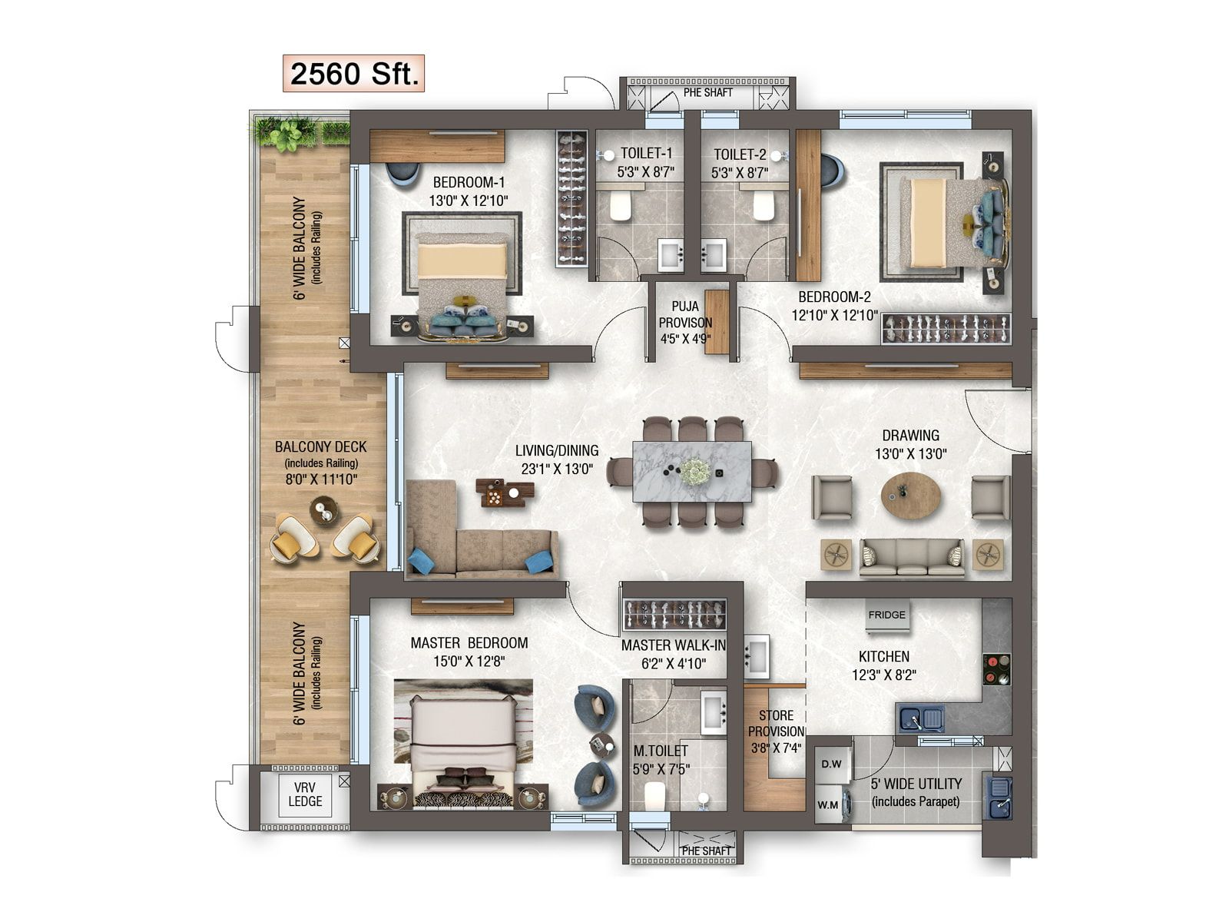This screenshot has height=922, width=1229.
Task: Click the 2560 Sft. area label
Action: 353,73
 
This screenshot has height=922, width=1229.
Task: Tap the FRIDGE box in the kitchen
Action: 886,615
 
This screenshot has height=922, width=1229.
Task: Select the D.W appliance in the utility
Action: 831,764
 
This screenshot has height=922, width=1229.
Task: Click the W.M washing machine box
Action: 829,805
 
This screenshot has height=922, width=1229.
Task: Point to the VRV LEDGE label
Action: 305,794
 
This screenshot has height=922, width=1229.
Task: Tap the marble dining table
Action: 692,471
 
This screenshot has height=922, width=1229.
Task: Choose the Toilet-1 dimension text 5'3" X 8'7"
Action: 645,172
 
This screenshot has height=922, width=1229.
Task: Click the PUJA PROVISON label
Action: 684,314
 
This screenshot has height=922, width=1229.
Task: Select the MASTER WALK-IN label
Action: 673,645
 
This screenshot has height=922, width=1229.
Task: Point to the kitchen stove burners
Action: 996,669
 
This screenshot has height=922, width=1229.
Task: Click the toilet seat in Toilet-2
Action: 764,205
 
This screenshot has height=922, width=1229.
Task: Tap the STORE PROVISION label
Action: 776,723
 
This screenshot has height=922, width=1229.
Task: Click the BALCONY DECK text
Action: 320,446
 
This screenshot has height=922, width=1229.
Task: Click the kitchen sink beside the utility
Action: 922,719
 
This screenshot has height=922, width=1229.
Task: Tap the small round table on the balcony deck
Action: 324,510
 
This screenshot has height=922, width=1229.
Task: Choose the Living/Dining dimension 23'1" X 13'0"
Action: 557,469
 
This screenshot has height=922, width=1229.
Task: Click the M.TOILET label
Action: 661,751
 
